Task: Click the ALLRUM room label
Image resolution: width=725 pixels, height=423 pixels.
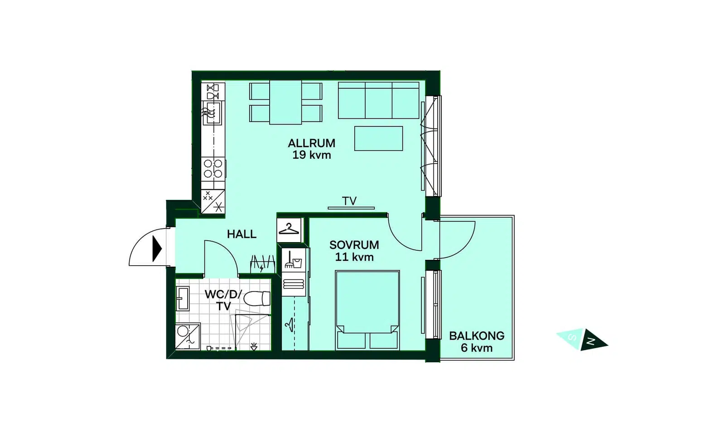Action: point(311,143)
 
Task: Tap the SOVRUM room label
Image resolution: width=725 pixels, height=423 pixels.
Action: point(354,245)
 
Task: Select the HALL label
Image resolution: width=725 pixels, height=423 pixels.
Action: point(242,234)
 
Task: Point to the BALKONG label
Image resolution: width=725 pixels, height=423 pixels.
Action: point(476,336)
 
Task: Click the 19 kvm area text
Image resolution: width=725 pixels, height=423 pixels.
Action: point(312,155)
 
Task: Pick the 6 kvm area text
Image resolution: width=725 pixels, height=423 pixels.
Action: point(476,348)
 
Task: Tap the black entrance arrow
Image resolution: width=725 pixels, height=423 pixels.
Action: point(157,249)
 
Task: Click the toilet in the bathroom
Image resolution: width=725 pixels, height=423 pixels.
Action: point(256,298)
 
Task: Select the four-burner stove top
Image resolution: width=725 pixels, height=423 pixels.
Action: point(213,169)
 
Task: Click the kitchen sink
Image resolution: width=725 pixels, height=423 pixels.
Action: point(213,113)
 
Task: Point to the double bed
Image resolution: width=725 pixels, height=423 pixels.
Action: point(367,310)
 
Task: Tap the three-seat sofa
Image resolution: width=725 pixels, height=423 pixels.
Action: point(379,100)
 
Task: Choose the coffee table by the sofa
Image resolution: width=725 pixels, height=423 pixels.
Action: point(378,138)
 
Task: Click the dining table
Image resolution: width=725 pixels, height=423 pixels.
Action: point(285,102)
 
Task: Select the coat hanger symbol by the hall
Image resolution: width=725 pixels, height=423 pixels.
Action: point(289,229)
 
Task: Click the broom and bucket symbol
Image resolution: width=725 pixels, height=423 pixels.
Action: point(293,260)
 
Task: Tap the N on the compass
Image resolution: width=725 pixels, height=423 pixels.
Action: point(592,341)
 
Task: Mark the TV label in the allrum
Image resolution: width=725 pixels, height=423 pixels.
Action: point(349,201)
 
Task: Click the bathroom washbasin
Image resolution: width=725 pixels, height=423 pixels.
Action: point(183,298)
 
